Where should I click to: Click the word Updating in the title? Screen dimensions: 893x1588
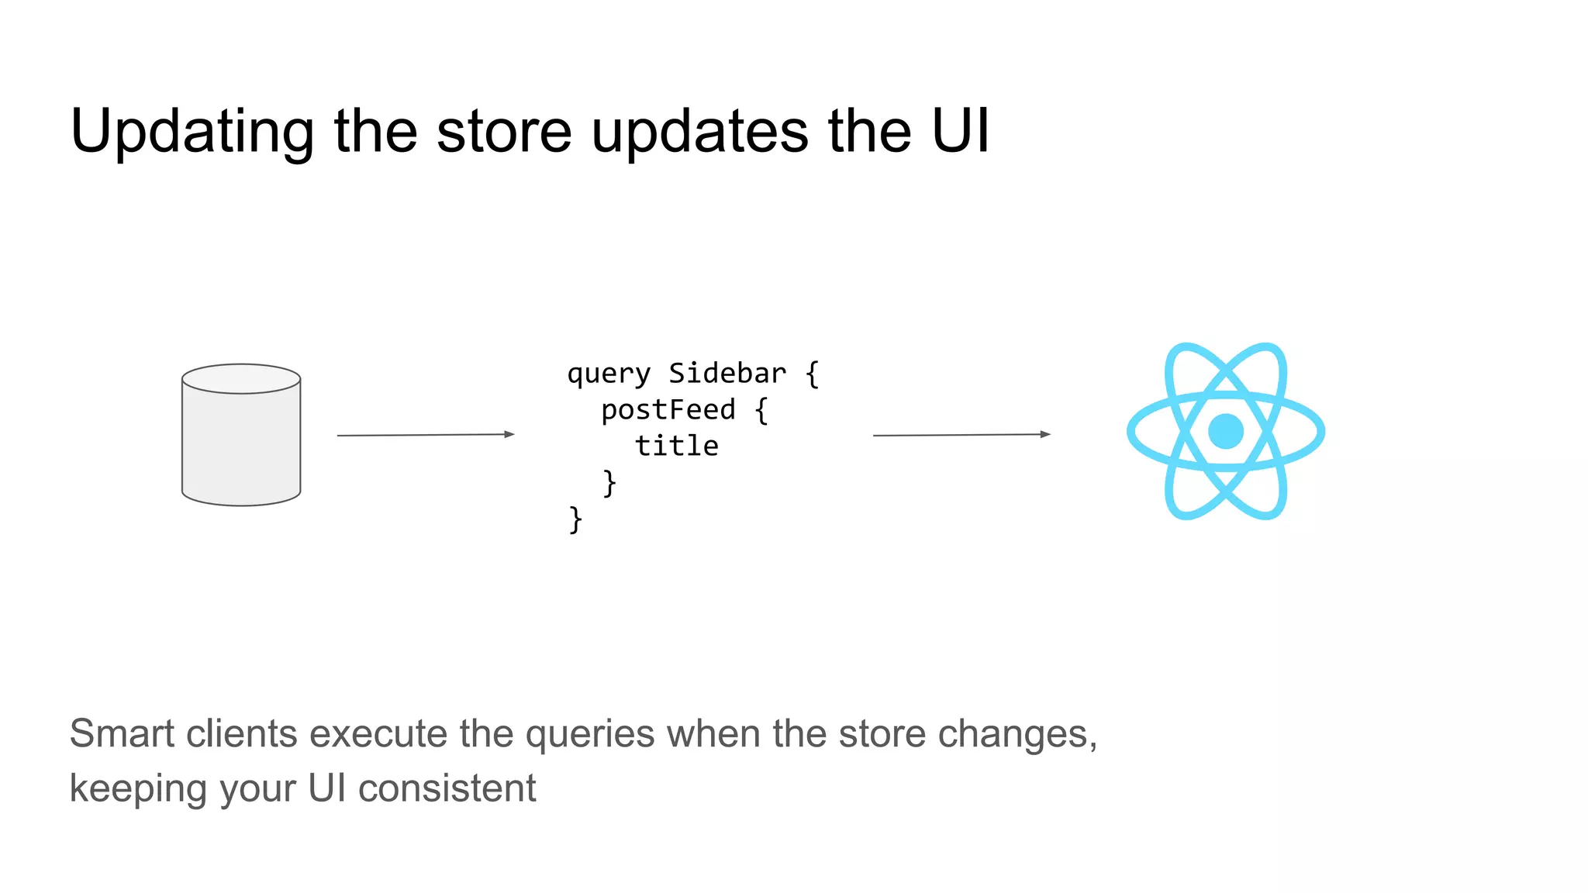[192, 132]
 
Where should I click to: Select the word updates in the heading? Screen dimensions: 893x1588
[699, 132]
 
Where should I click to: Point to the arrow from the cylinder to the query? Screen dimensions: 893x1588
[425, 435]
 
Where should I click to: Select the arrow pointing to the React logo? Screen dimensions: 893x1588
[961, 435]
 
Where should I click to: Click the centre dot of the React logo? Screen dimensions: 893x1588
[1226, 431]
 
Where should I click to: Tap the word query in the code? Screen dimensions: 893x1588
[609, 374]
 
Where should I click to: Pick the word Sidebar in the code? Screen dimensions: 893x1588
[727, 373]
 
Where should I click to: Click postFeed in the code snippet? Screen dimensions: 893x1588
[668, 409]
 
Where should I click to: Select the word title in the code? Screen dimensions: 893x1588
[677, 446]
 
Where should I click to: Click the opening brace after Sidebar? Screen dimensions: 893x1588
[812, 374]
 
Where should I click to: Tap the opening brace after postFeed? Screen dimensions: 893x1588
[761, 410]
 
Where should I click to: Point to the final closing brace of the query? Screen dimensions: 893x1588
[575, 519]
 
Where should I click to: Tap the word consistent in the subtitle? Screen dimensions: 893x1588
[447, 788]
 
